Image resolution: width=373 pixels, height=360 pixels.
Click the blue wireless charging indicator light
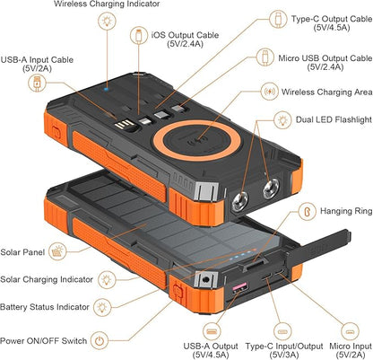106,89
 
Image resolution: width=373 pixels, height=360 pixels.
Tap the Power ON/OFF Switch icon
100,340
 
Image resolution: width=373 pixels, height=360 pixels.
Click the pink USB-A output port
239,288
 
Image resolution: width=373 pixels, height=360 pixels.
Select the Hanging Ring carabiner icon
308,211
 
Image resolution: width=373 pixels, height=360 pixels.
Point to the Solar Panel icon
58,251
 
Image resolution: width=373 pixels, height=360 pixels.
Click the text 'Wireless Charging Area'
326,92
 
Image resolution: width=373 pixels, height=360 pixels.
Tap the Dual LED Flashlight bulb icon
282,120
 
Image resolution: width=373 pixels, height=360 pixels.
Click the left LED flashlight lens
240,201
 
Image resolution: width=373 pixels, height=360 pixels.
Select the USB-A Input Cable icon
37,83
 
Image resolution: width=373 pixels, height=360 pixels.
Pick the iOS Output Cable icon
139,35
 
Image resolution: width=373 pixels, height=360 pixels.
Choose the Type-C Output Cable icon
278,19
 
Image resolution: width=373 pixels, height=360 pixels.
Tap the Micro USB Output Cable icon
265,57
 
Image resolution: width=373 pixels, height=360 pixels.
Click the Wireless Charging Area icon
270,91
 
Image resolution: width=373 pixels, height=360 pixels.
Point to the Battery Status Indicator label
45,307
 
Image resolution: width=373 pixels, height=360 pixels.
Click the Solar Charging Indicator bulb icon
107,280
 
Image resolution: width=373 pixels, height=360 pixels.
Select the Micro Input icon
350,331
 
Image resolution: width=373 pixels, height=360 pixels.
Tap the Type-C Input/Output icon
282,331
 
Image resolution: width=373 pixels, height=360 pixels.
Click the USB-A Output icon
213,331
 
